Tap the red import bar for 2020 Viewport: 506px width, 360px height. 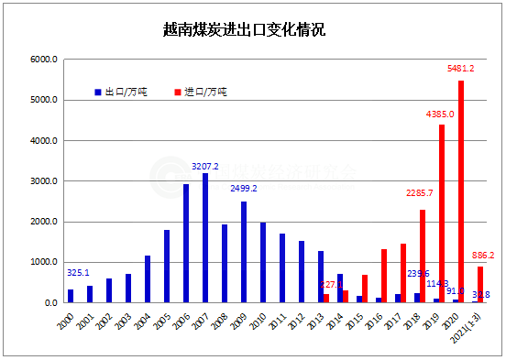pos(460,191)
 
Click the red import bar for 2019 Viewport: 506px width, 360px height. pos(442,213)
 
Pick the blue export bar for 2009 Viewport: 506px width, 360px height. pos(244,252)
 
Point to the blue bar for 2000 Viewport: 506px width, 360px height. pos(71,296)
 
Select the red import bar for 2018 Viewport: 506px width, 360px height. pos(423,256)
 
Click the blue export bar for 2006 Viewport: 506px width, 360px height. pos(186,244)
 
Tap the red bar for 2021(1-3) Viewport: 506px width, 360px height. pos(479,285)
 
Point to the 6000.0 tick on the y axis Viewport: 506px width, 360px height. pos(44,60)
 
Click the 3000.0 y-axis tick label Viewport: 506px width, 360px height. pos(44,181)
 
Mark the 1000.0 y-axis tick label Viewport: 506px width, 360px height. pos(44,262)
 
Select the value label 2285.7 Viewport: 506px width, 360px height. pos(423,193)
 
